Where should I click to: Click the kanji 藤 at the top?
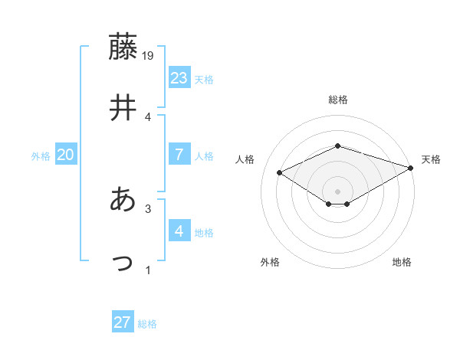coord(124,47)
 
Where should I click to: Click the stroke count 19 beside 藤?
coord(149,56)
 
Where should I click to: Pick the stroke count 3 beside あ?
coord(148,208)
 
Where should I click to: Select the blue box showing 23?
coord(179,78)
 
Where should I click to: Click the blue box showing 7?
coord(179,155)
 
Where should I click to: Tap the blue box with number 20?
coord(65,155)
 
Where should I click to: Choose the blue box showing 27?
coord(123,322)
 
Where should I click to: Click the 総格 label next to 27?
coord(147,324)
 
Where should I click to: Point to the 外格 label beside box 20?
coord(41,156)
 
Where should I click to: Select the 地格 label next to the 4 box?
coord(204,233)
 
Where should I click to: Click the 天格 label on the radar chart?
coord(431,159)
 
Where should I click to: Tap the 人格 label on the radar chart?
coord(245,159)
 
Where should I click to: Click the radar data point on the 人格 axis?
coord(280,172)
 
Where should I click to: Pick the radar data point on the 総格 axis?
coord(337,146)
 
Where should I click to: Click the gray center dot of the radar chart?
coord(337,191)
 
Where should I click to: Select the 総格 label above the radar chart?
coord(337,100)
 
